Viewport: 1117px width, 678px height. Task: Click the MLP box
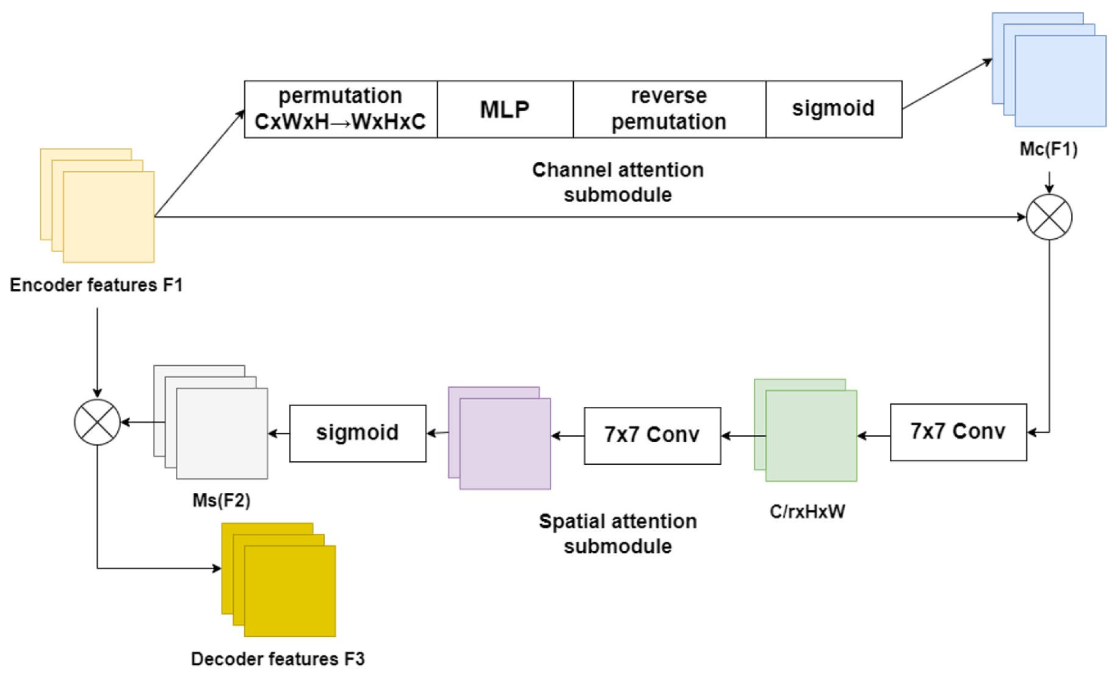pyautogui.click(x=505, y=109)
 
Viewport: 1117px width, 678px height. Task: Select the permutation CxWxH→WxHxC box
pyautogui.click(x=341, y=109)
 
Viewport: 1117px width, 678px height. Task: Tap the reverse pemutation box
pyautogui.click(x=669, y=109)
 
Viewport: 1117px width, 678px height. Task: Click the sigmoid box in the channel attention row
pyautogui.click(x=834, y=109)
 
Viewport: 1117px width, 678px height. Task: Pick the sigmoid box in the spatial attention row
pyautogui.click(x=358, y=433)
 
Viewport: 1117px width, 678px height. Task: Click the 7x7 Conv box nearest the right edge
pyautogui.click(x=958, y=432)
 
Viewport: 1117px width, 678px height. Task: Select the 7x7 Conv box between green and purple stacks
pyautogui.click(x=652, y=436)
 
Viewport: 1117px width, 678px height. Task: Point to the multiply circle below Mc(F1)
pyautogui.click(x=1049, y=217)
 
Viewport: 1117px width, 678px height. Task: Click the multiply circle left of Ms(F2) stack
pyautogui.click(x=97, y=422)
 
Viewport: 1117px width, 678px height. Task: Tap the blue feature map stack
pyautogui.click(x=1049, y=70)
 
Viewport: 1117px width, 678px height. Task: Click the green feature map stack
pyautogui.click(x=806, y=430)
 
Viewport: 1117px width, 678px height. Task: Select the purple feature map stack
pyautogui.click(x=499, y=438)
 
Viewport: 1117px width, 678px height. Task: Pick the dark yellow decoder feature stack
pyautogui.click(x=278, y=580)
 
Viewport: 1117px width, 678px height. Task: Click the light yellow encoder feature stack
pyautogui.click(x=97, y=206)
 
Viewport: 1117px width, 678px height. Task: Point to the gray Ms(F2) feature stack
pyautogui.click(x=211, y=422)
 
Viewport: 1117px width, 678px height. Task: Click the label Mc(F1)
pyautogui.click(x=1049, y=149)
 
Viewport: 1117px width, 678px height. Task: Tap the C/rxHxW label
pyautogui.click(x=807, y=511)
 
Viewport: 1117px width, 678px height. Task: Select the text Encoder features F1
pyautogui.click(x=96, y=285)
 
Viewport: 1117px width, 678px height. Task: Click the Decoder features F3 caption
pyautogui.click(x=278, y=659)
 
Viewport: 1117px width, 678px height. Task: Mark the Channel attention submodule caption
pyautogui.click(x=618, y=182)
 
